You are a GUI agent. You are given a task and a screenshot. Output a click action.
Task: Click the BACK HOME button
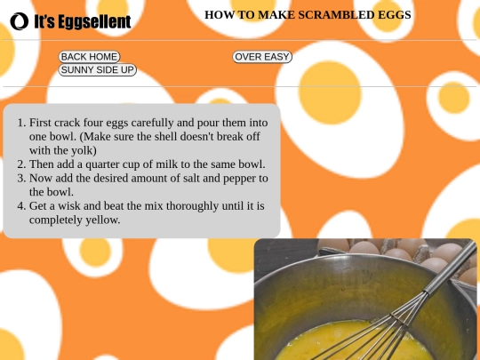click(89, 57)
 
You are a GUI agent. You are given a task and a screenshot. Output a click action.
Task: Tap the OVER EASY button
click(262, 57)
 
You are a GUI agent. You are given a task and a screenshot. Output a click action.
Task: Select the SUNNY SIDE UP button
click(98, 70)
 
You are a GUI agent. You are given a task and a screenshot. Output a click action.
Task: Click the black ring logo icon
click(20, 21)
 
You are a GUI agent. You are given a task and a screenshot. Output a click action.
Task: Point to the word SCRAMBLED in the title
click(336, 15)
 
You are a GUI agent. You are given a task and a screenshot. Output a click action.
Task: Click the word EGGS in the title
click(395, 15)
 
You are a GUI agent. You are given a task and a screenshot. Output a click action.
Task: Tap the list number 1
click(21, 123)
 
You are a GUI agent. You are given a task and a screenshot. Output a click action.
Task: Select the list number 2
click(21, 164)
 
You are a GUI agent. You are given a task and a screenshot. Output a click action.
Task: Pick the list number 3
click(21, 178)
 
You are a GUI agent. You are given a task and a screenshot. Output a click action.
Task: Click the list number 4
click(21, 206)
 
